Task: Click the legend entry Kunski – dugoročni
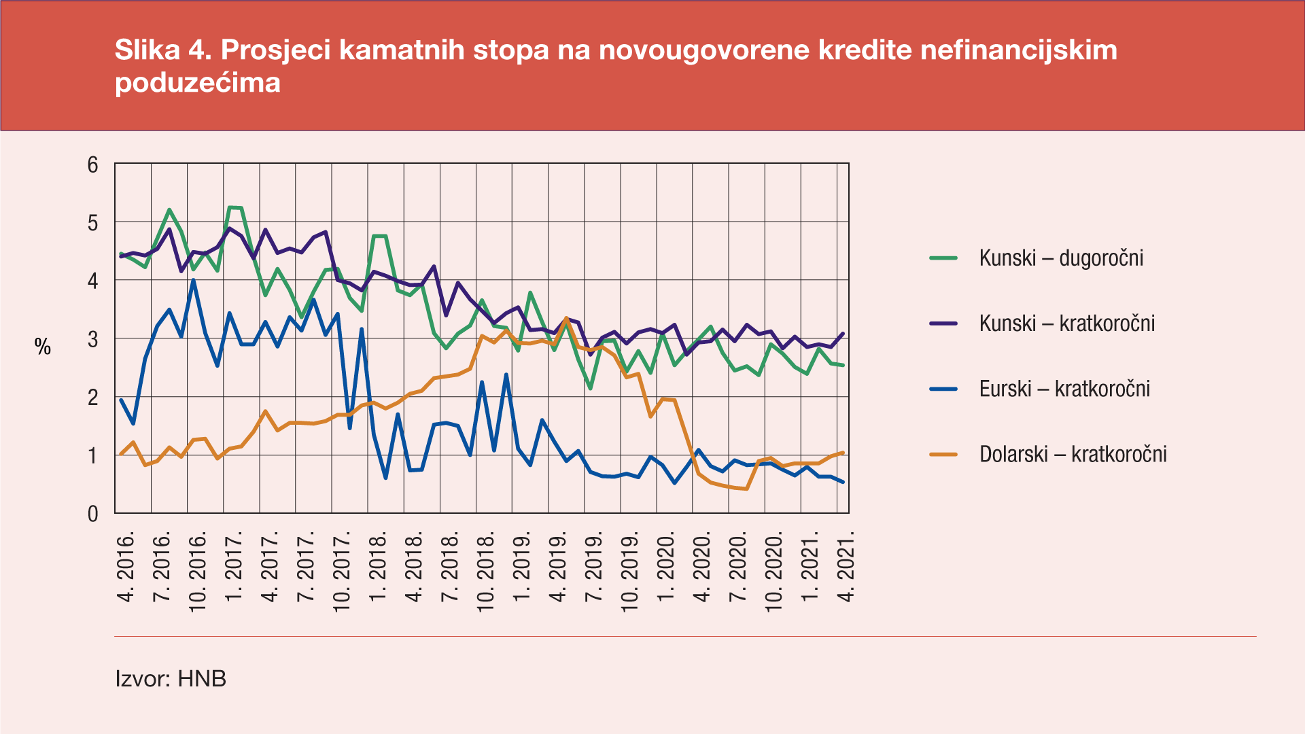1060,258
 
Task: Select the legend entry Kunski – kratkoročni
1066,324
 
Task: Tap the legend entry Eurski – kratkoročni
1064,389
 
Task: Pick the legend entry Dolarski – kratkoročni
1073,454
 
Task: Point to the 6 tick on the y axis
93,164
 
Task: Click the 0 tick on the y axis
93,514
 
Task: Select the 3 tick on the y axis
93,339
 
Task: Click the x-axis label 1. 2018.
379,568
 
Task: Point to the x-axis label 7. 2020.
739,568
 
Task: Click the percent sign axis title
43,347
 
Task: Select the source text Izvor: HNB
171,678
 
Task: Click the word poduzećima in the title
198,83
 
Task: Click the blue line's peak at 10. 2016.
194,280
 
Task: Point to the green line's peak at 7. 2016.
169,209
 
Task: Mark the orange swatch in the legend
943,454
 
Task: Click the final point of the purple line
843,333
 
